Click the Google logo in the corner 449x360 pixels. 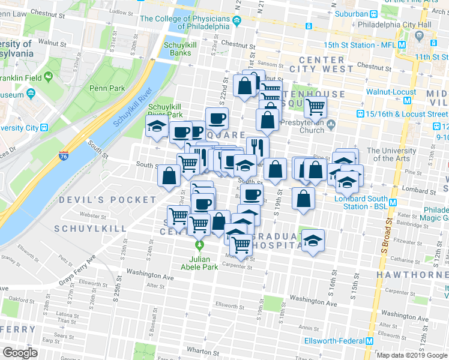tap(20, 353)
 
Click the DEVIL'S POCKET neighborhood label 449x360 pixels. tap(98, 199)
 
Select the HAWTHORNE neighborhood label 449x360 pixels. tap(412, 274)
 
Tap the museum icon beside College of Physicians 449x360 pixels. tap(237, 22)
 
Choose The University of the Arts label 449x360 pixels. tap(391, 154)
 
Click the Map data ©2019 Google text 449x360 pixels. tap(412, 355)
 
